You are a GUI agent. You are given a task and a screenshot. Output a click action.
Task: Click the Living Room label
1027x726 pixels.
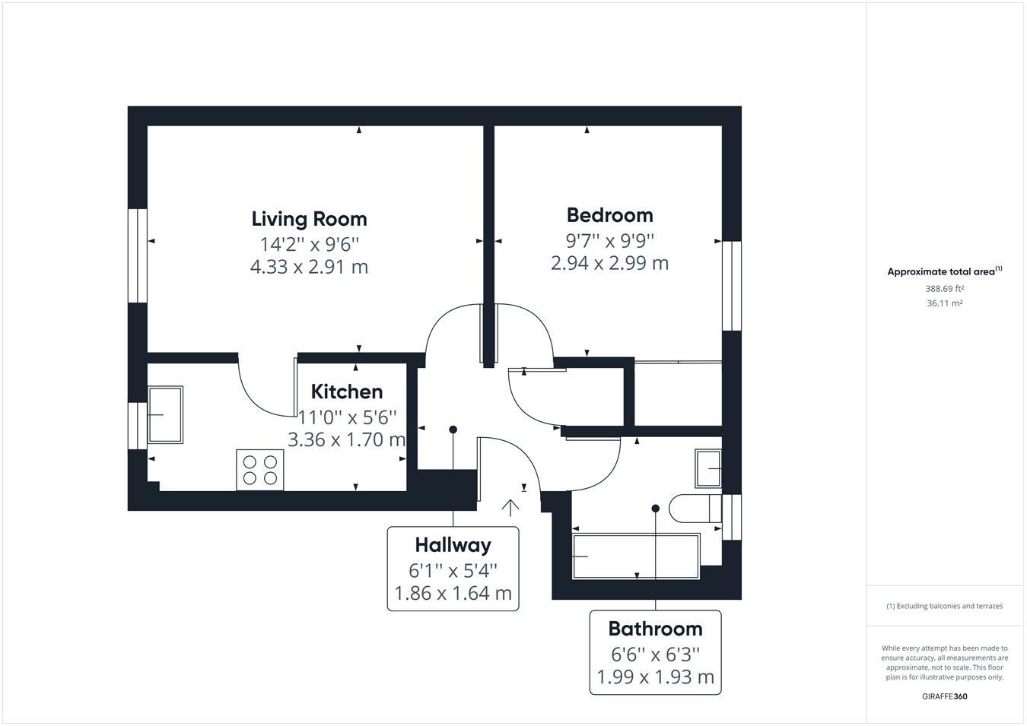click(x=309, y=219)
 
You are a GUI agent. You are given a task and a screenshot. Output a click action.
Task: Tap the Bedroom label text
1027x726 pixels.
click(x=609, y=215)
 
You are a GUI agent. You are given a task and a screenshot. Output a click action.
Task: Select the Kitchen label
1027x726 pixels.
click(x=347, y=392)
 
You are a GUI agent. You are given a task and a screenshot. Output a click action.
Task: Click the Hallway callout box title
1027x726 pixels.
click(x=453, y=545)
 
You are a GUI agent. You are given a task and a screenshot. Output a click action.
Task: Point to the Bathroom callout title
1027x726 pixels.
click(x=655, y=629)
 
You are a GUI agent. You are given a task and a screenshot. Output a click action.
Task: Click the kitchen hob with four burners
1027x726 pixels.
click(x=260, y=470)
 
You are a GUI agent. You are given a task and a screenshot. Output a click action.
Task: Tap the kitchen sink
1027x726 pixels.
click(x=165, y=414)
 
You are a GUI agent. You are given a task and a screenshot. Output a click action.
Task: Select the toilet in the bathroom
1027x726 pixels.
click(x=694, y=508)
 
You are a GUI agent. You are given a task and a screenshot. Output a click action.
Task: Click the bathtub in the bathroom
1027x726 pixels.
click(x=635, y=556)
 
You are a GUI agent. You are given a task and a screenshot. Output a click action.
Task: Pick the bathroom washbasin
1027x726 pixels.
click(x=708, y=468)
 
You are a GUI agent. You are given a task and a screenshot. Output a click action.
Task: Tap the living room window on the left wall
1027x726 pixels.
click(x=137, y=255)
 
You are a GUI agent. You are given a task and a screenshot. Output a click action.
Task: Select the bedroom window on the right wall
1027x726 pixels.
click(x=731, y=286)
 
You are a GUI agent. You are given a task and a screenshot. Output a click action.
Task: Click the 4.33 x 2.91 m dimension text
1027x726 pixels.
click(x=309, y=267)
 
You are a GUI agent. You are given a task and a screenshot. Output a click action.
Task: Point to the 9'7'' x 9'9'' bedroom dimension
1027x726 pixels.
click(x=609, y=240)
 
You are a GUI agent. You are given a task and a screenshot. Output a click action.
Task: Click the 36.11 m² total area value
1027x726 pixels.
click(x=944, y=303)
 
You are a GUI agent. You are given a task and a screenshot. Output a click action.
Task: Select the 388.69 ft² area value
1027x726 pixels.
click(x=944, y=289)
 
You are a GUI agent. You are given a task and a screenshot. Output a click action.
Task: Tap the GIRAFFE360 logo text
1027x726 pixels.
click(x=944, y=696)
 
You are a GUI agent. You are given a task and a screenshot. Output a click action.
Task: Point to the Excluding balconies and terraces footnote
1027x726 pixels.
click(x=944, y=606)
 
